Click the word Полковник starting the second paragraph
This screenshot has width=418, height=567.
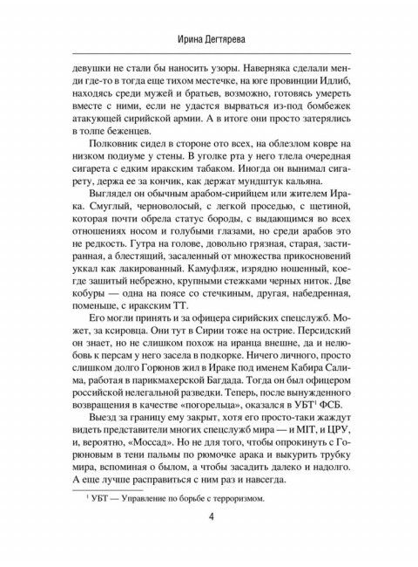click(111, 154)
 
